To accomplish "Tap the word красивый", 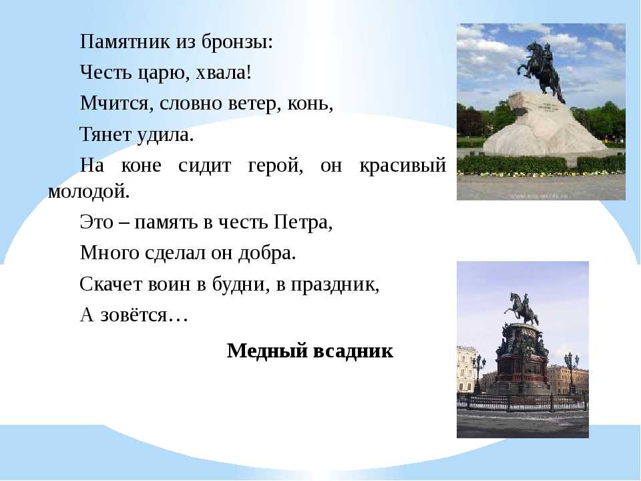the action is point(402,166).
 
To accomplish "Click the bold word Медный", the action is point(266,351).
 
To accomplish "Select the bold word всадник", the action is point(353,351).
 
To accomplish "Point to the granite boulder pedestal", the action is point(544,125).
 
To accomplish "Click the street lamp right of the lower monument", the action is point(572,373).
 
